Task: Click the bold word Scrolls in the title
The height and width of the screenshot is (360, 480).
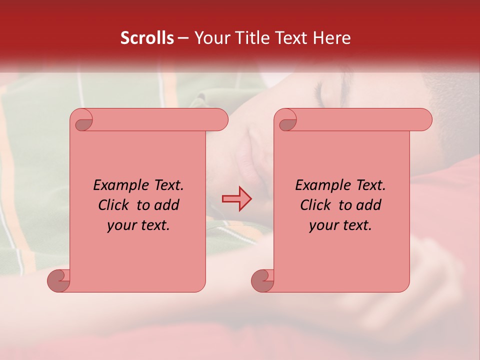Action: coord(147,38)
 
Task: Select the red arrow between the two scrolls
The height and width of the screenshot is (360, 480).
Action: coord(236,199)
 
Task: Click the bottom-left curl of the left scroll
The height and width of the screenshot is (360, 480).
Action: coord(58,281)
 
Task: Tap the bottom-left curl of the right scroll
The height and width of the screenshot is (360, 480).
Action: coord(262,281)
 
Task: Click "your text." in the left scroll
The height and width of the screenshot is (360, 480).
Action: coord(138,225)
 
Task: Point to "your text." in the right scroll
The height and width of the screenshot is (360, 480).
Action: coord(340,225)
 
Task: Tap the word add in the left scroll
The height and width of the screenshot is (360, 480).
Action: coord(167,205)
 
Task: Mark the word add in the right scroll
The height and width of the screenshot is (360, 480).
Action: coord(369,205)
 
